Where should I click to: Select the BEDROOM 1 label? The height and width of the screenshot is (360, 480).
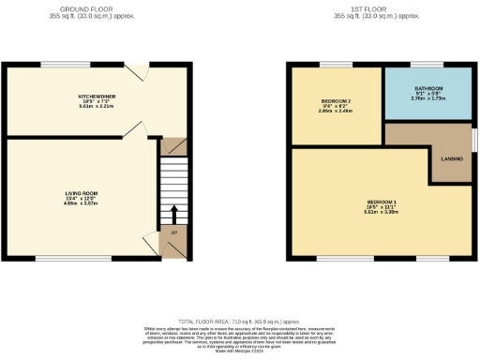381,202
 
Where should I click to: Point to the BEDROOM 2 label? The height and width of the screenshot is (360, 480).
337,100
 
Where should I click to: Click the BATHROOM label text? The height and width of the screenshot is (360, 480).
427,88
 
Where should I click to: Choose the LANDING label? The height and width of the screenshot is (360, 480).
450,157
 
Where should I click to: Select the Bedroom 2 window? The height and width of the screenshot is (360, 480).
335,64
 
